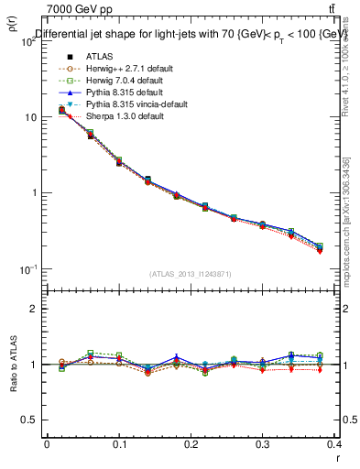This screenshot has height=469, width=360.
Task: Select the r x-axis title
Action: (x=338, y=459)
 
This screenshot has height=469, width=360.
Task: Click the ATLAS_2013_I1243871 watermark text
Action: (x=191, y=274)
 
